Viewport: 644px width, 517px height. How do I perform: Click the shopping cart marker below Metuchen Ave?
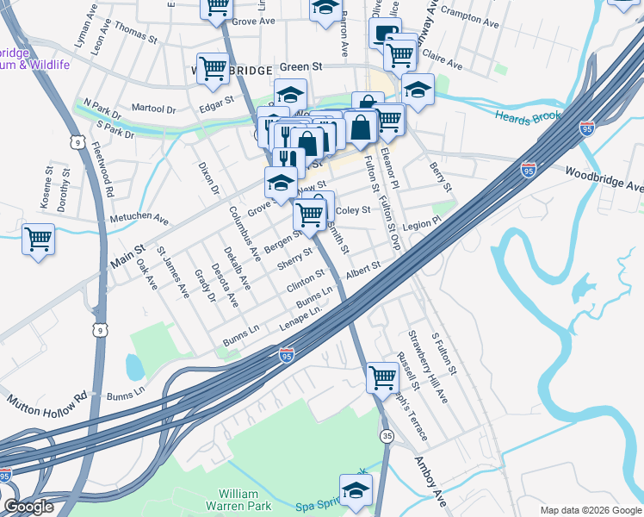[38, 239]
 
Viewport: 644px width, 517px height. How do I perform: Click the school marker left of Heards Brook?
[418, 90]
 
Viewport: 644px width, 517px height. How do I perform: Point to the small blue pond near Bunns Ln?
[134, 367]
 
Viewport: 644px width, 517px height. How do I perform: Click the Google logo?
[28, 507]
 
